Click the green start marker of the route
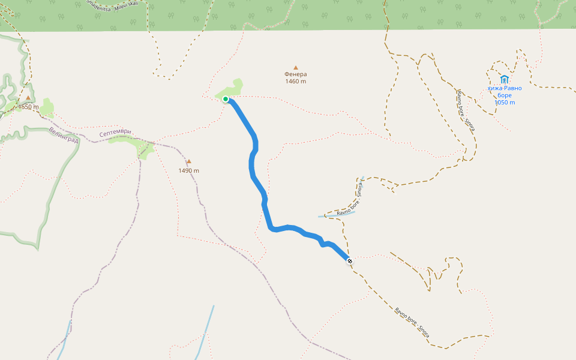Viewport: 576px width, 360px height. coord(226,99)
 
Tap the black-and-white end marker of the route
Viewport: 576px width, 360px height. coord(349,260)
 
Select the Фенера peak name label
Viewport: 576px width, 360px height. coord(295,74)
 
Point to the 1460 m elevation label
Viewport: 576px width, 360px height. coord(295,82)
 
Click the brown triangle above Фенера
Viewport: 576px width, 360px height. coord(295,67)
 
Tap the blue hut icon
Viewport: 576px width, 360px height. coord(504,79)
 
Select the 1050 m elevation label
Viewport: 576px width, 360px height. coord(505,103)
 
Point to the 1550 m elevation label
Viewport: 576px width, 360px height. coord(28,107)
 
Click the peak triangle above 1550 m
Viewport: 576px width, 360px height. coord(28,97)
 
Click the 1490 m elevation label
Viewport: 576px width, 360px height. coord(188,170)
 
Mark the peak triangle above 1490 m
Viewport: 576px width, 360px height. coord(188,161)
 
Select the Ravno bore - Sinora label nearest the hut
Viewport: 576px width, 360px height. coord(466,111)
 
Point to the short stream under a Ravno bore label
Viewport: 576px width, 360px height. coord(336,214)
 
